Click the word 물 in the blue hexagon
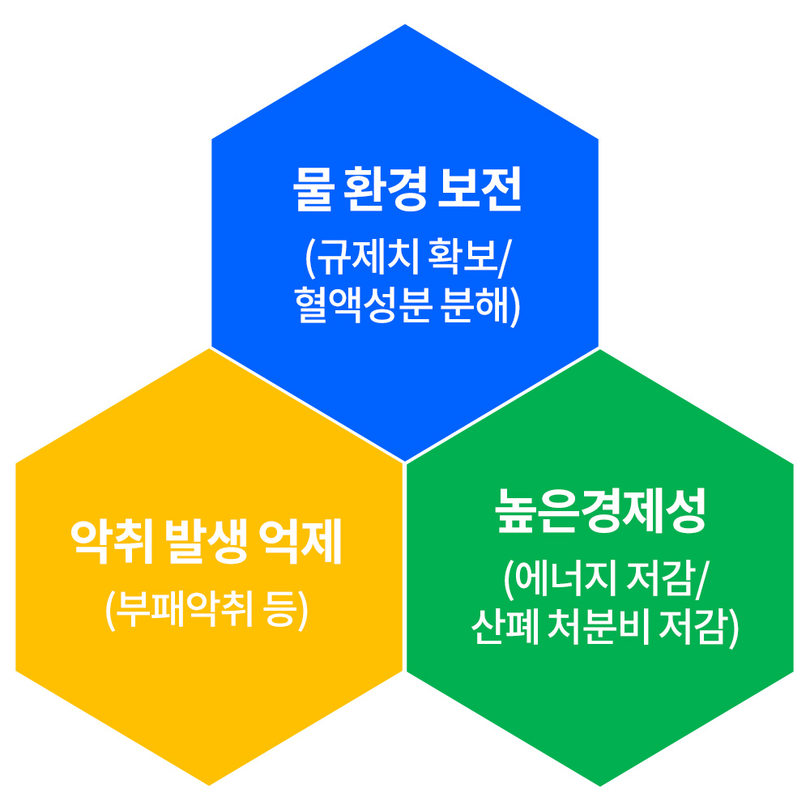(313, 189)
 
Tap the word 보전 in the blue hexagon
(480, 189)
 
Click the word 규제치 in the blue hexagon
(366, 257)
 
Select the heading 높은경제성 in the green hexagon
(600, 510)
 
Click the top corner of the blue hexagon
(405, 24)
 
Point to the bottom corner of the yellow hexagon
(209, 785)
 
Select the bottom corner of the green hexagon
(600, 787)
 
